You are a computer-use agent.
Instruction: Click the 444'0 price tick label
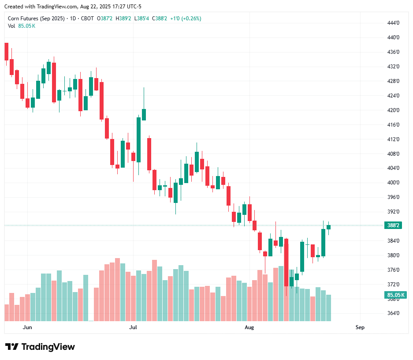(394, 23)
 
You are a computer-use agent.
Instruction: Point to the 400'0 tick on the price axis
(394, 183)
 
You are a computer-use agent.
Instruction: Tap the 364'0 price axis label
(394, 314)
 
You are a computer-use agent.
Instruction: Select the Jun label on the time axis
(27, 327)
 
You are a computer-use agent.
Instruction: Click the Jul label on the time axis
(133, 327)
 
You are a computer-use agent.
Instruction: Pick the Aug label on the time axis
(249, 327)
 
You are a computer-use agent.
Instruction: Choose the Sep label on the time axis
(360, 327)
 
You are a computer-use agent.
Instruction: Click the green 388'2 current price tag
(393, 225)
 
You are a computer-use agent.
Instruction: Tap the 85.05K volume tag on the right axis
(395, 295)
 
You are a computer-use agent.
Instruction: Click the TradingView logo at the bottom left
(40, 347)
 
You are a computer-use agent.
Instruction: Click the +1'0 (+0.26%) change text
(186, 19)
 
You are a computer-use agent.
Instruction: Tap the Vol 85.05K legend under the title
(22, 26)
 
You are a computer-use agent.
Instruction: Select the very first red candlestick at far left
(7, 51)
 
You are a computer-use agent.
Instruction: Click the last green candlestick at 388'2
(328, 227)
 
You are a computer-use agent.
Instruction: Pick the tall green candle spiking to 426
(144, 114)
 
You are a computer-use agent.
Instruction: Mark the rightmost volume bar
(328, 308)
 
